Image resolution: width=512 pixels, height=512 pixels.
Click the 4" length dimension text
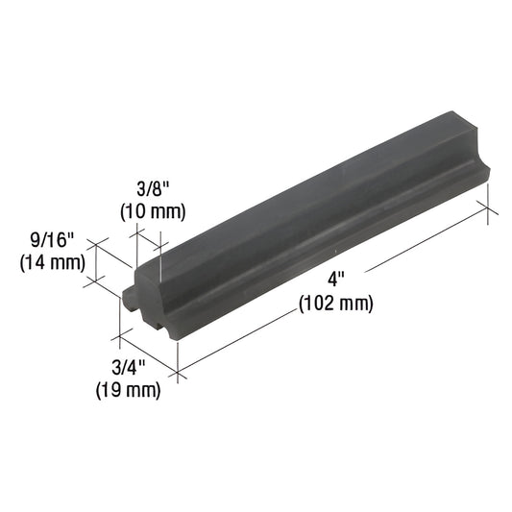click(x=334, y=280)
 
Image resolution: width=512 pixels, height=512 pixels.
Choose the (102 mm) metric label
click(x=334, y=304)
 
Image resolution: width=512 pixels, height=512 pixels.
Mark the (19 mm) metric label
click(x=127, y=390)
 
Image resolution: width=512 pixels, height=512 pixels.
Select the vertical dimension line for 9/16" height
click(x=95, y=263)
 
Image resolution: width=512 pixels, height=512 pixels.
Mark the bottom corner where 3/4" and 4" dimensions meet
click(x=179, y=371)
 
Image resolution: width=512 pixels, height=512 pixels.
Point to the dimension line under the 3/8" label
click(x=148, y=235)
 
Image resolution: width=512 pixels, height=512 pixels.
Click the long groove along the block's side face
click(x=317, y=245)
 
